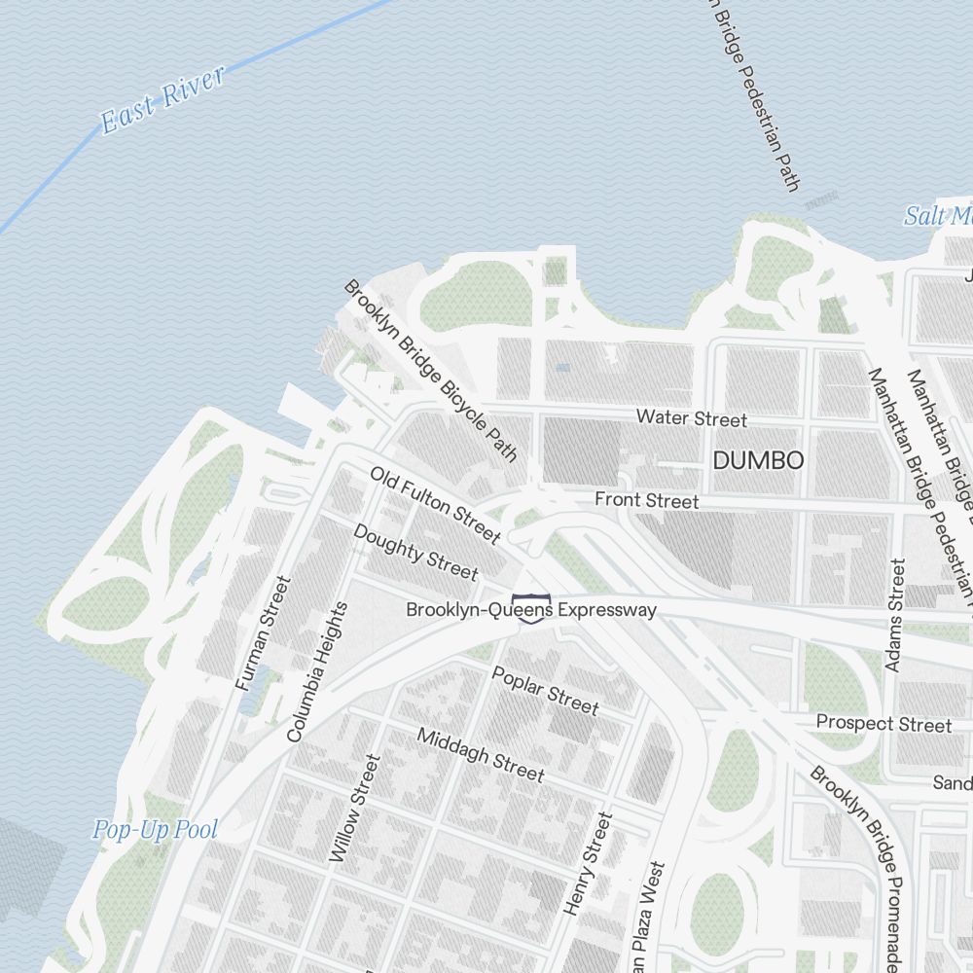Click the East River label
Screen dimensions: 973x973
point(162,100)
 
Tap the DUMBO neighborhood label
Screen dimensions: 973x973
point(758,460)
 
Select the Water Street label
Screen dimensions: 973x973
point(691,417)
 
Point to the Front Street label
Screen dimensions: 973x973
point(646,500)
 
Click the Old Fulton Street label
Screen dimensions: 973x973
point(435,504)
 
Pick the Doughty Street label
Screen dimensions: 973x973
point(415,551)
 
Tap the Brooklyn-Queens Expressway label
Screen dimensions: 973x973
point(531,610)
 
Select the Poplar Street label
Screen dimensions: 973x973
point(545,689)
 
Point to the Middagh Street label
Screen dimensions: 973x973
point(480,753)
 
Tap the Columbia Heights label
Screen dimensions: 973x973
point(317,672)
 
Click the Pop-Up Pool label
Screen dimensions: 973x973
point(155,830)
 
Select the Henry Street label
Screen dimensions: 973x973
point(590,863)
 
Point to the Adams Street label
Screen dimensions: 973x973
point(895,615)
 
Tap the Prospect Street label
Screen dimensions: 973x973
point(883,724)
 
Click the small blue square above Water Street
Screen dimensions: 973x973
point(562,369)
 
